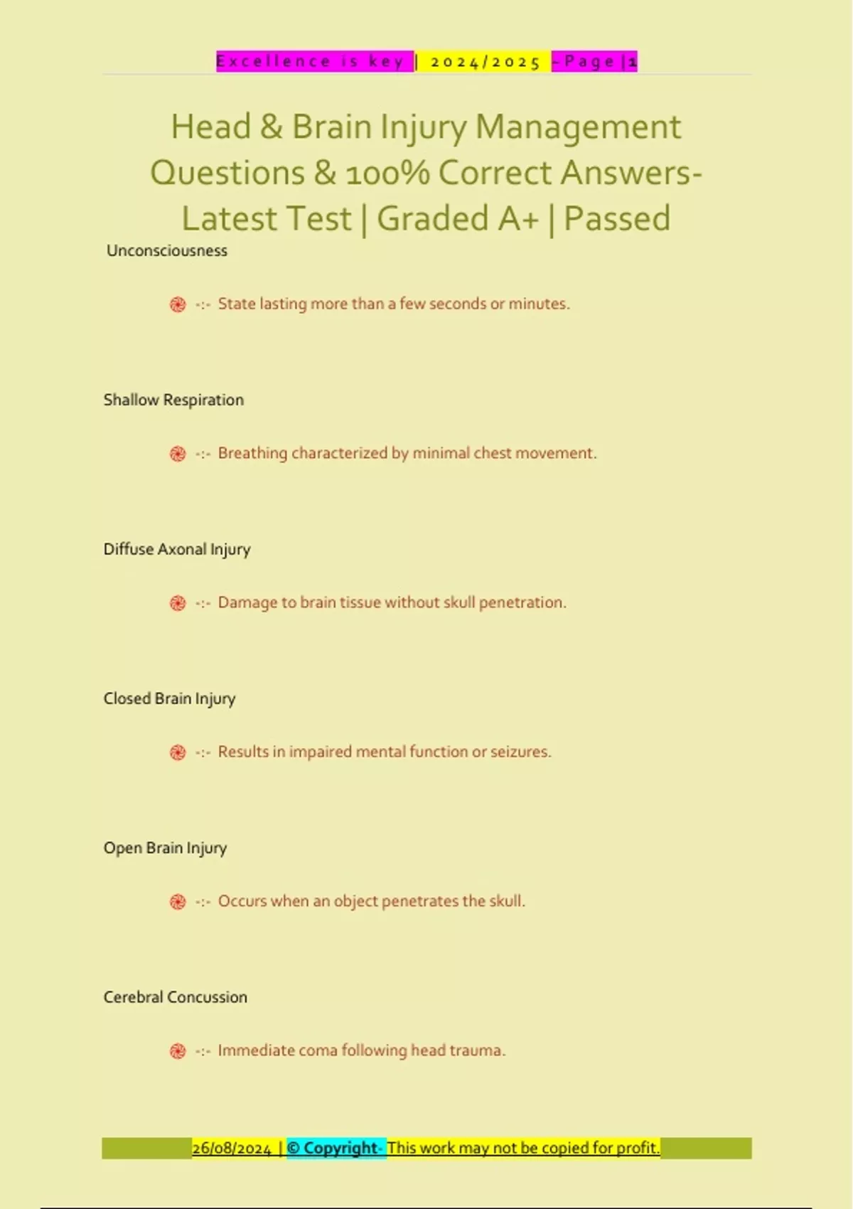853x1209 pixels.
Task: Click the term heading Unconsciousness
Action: coord(167,251)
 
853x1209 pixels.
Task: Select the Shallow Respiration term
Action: coord(173,400)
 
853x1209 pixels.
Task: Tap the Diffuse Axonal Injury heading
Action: coord(177,550)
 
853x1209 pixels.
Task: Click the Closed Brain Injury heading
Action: coord(169,699)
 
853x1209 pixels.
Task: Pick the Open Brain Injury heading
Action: coord(165,848)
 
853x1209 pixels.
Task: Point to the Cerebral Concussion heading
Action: coord(176,998)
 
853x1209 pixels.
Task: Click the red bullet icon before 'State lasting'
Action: coord(178,305)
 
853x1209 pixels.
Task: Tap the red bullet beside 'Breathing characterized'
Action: coord(178,454)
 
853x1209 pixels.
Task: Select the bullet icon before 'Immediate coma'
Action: coord(178,1052)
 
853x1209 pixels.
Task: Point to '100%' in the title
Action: coord(387,174)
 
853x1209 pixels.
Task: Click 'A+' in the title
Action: coord(518,219)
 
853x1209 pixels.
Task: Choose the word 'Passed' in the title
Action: coord(616,219)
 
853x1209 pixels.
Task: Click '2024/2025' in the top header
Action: coord(485,62)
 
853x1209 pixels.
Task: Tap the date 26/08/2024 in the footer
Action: coord(232,1149)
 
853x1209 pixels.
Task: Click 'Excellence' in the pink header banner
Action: coord(274,62)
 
